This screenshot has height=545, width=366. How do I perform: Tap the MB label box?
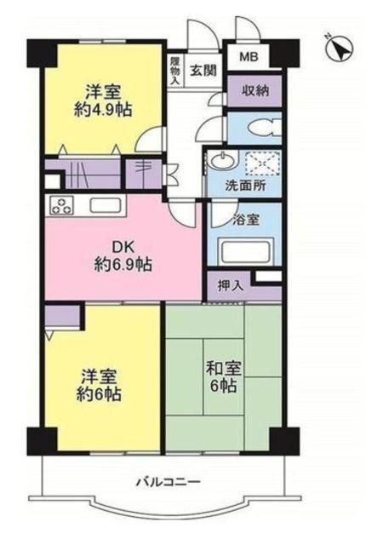click(247, 57)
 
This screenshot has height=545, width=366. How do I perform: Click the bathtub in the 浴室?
click(244, 251)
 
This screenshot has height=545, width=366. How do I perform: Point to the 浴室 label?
click(247, 218)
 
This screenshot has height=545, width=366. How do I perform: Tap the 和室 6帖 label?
click(220, 377)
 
